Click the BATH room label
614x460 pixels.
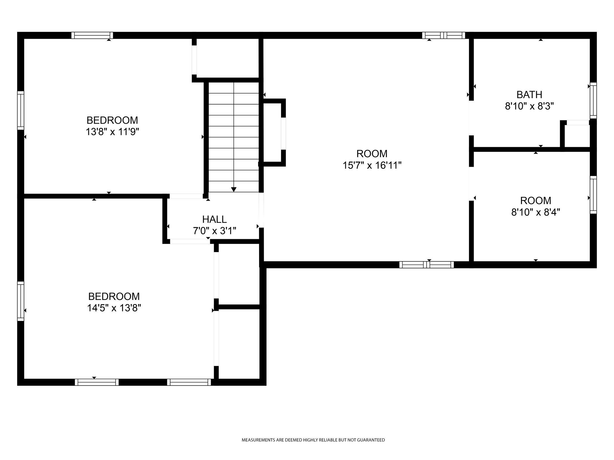coord(529,95)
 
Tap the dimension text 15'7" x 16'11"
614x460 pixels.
coord(372,166)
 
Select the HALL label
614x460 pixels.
coord(214,219)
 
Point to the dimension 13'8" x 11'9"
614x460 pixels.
coord(112,132)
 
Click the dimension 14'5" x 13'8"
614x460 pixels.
coord(114,308)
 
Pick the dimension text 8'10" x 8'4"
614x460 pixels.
coord(536,212)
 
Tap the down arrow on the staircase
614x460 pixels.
coord(234,189)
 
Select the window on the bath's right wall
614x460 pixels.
coord(593,100)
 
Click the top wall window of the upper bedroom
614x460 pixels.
coord(92,35)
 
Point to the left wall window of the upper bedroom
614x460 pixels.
coord(20,110)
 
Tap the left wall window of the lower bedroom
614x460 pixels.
coord(20,301)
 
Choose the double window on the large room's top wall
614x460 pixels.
coord(444,35)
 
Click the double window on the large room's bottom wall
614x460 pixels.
coord(427,265)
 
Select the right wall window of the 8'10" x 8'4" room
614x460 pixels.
coord(593,195)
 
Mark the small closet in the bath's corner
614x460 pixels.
coord(577,136)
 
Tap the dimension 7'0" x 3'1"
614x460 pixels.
coord(214,231)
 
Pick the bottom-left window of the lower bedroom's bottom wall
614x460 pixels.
coord(97,382)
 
